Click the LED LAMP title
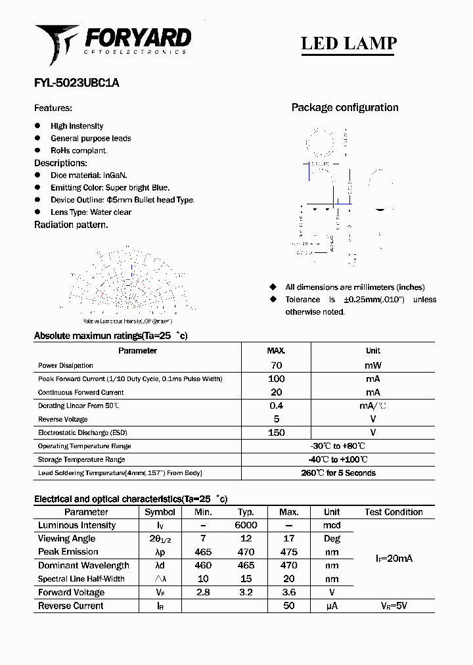348,43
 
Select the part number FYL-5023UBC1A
77,83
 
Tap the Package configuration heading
345,108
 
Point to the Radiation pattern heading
71,225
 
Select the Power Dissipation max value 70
276,365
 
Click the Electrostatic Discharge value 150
276,432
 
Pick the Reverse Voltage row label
62,419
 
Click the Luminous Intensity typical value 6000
246,526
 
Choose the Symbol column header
160,512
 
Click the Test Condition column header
394,512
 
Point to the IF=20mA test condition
394,559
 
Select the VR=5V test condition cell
394,606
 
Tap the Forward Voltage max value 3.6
288,592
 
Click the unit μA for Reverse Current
332,606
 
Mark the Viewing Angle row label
67,539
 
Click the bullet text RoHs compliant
79,150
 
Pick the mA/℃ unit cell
372,406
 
